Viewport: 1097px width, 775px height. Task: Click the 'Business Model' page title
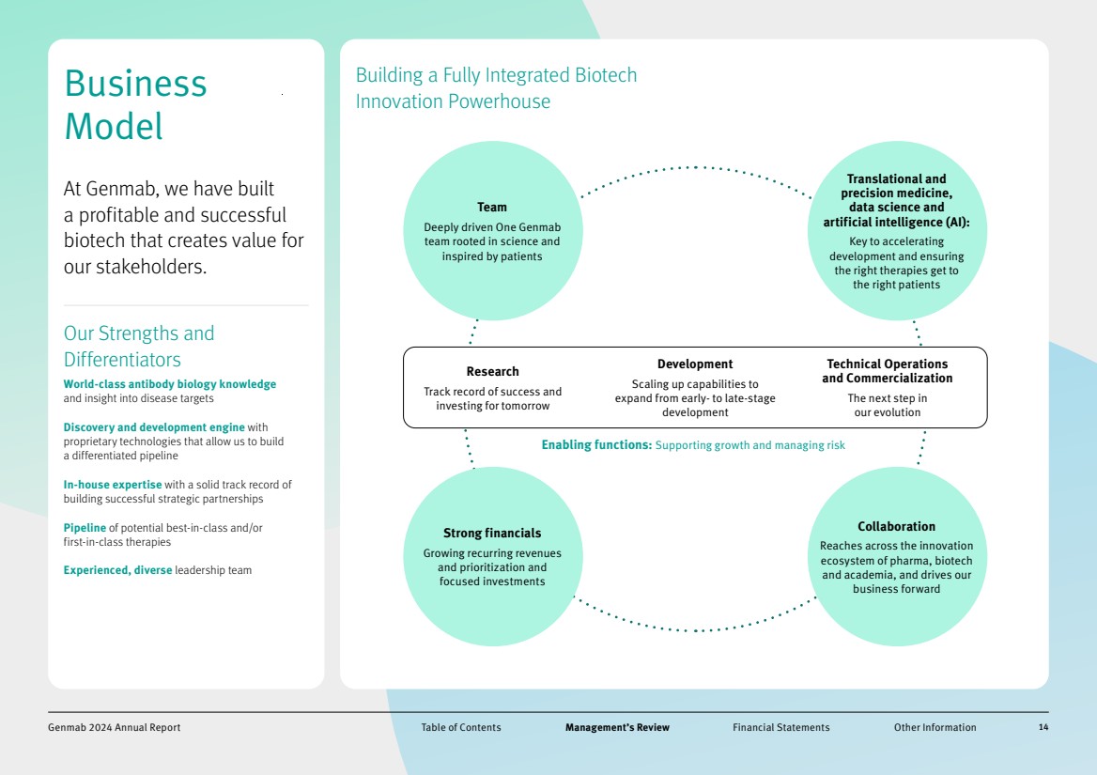pyautogui.click(x=135, y=104)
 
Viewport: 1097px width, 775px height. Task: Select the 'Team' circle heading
pyautogui.click(x=491, y=207)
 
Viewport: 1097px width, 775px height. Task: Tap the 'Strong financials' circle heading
pyautogui.click(x=492, y=533)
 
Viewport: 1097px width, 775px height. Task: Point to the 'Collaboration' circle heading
pyautogui.click(x=896, y=526)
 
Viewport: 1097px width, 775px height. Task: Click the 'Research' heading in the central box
pyautogui.click(x=492, y=371)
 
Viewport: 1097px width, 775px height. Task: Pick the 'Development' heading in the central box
pyautogui.click(x=695, y=364)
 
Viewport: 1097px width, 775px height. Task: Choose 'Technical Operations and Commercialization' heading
pyautogui.click(x=887, y=371)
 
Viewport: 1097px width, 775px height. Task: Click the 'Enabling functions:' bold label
pyautogui.click(x=596, y=445)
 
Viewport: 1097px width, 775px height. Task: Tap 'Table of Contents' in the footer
pyautogui.click(x=460, y=727)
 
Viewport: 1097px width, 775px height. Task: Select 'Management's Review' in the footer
pyautogui.click(x=617, y=727)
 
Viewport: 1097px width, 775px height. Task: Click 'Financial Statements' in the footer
pyautogui.click(x=780, y=727)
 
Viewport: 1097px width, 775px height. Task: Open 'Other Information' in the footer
pyautogui.click(x=935, y=727)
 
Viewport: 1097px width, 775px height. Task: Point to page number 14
pyautogui.click(x=1043, y=727)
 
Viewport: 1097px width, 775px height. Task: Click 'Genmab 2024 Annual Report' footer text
pyautogui.click(x=114, y=727)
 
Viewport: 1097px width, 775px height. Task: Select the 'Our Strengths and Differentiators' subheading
pyautogui.click(x=139, y=346)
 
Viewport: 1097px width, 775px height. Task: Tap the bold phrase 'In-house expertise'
pyautogui.click(x=113, y=485)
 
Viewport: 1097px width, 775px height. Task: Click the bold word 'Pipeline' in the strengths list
pyautogui.click(x=85, y=528)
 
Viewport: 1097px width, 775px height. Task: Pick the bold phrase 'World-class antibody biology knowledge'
pyautogui.click(x=169, y=384)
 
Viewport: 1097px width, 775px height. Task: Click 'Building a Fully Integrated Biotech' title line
pyautogui.click(x=496, y=75)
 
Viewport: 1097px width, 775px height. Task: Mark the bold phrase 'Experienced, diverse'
pyautogui.click(x=117, y=570)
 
